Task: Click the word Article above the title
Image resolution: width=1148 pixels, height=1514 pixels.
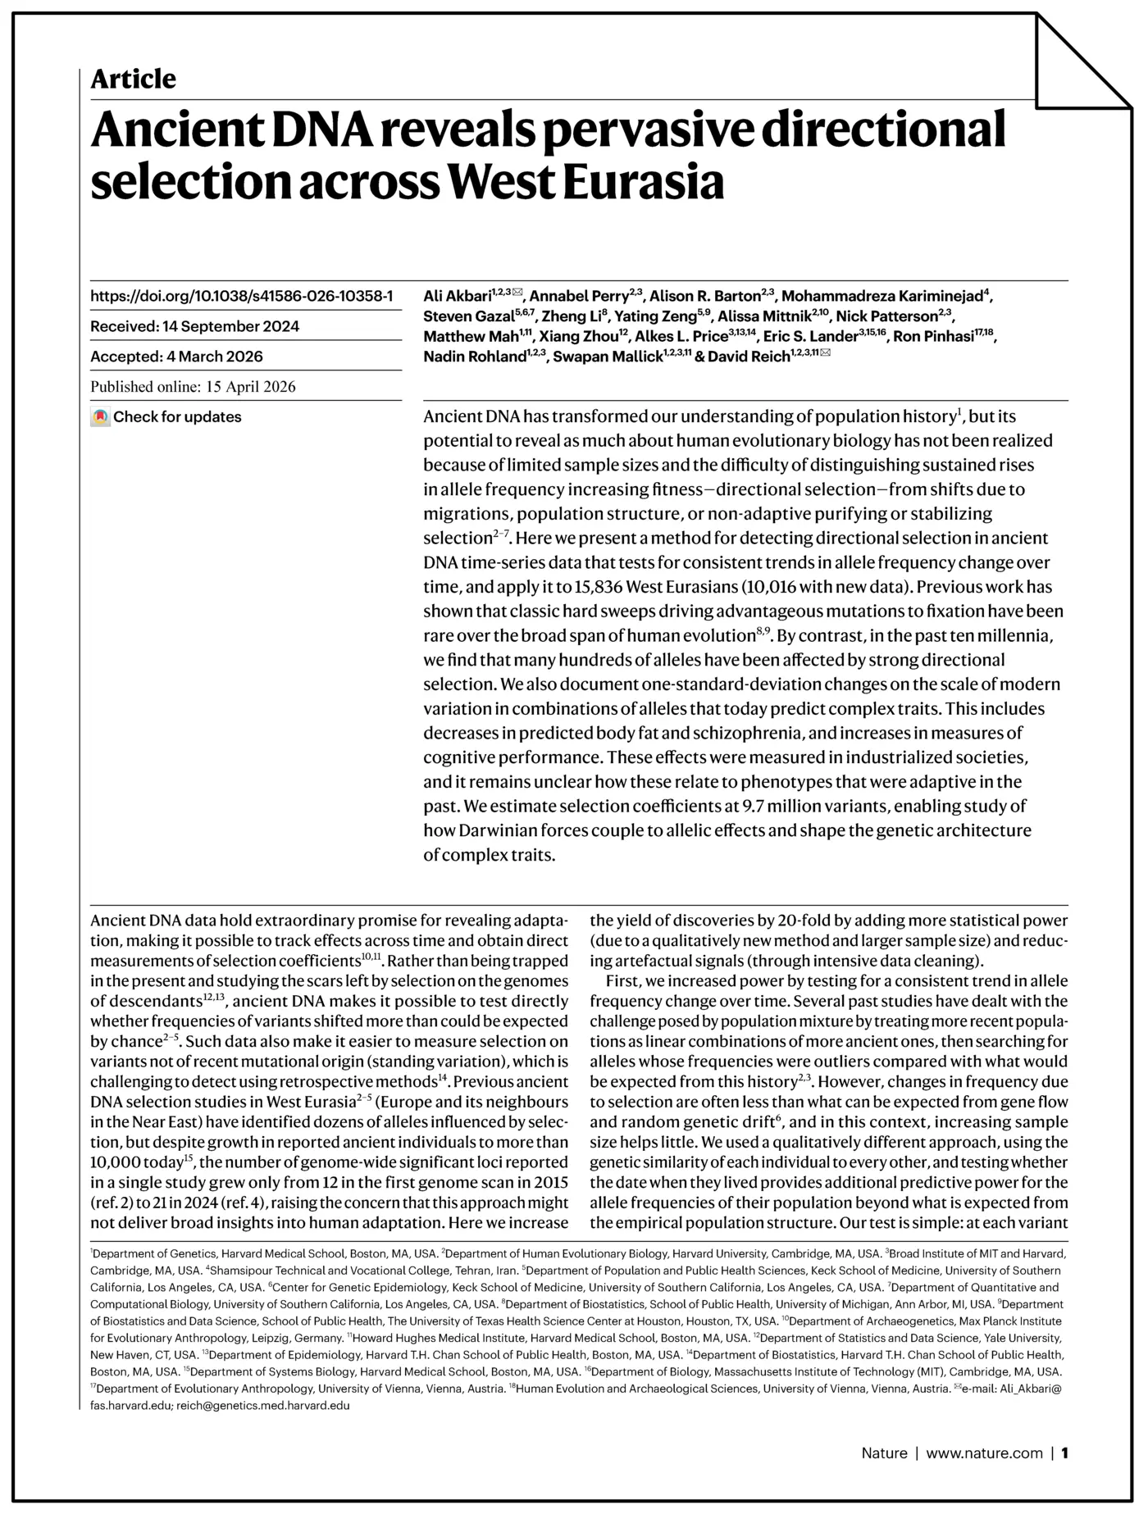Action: (x=133, y=80)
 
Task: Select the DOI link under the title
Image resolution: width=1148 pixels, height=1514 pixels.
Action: (x=241, y=296)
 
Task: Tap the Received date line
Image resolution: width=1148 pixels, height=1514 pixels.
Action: (x=194, y=326)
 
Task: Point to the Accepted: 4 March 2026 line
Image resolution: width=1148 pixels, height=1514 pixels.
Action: (x=176, y=357)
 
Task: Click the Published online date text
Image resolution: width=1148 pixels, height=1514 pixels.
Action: (x=193, y=387)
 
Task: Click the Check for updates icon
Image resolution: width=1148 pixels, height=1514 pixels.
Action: (x=100, y=417)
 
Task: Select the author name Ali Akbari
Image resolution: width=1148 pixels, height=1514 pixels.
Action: (x=457, y=296)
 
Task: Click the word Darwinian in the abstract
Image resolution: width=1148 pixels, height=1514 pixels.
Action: (x=494, y=830)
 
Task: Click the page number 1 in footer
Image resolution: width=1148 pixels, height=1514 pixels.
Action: (x=1064, y=1453)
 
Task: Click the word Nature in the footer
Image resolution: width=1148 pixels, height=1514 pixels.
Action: (x=884, y=1453)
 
